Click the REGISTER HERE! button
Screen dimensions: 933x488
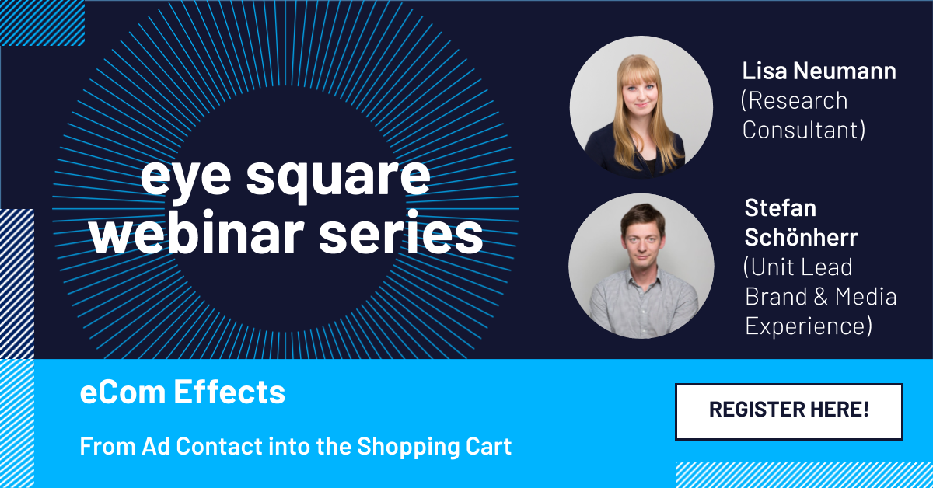[789, 411]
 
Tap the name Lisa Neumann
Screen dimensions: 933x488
[819, 71]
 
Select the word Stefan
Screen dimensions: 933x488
[780, 207]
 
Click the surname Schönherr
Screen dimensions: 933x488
[801, 237]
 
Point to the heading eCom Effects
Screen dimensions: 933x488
[183, 392]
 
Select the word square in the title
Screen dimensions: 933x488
[337, 177]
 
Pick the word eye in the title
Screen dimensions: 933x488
[186, 178]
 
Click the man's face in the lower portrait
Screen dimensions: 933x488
[643, 245]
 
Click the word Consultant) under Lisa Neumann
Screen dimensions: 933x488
[803, 130]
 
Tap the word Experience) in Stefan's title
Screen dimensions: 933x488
[809, 326]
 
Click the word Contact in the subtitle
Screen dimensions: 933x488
[219, 446]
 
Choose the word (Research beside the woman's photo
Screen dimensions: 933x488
[795, 101]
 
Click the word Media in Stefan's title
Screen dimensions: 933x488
[865, 297]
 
